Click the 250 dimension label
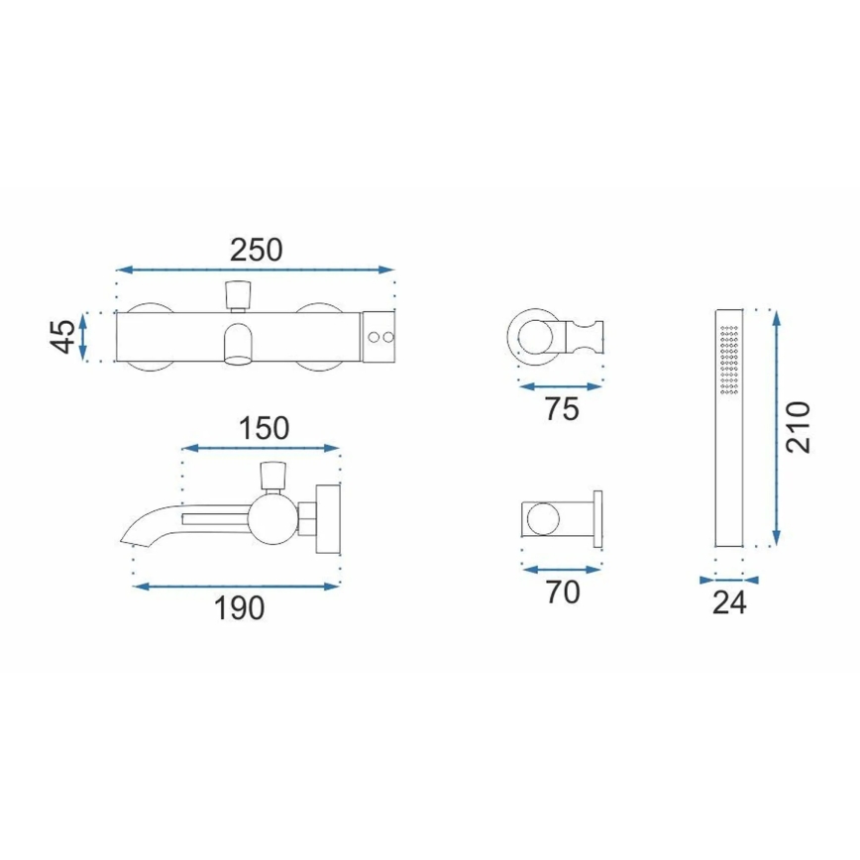click(256, 250)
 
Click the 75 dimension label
click(561, 409)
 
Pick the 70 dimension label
click(561, 592)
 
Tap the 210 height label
click(799, 427)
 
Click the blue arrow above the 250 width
click(256, 269)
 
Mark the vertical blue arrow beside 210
click(776, 427)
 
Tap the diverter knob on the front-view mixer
click(238, 294)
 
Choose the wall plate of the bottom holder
click(597, 517)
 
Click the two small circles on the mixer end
click(378, 338)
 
